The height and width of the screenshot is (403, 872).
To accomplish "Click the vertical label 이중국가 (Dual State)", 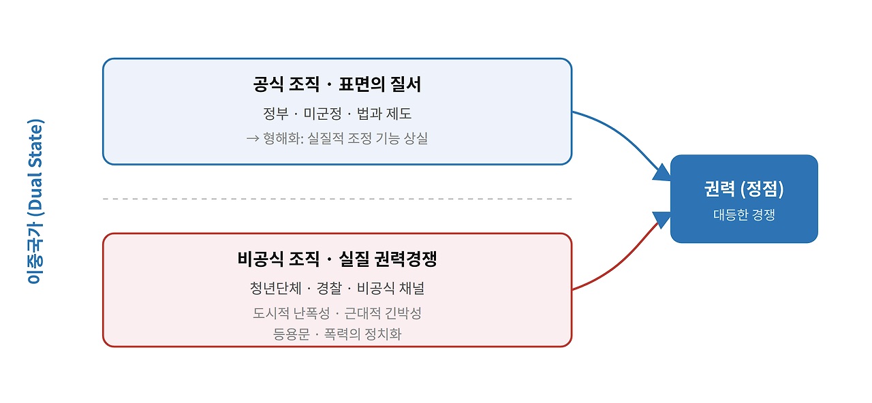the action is pyautogui.click(x=35, y=201).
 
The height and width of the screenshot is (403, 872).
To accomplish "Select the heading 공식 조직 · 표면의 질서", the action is pyautogui.click(x=337, y=84).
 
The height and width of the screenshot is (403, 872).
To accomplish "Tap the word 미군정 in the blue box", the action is pyautogui.click(x=322, y=114).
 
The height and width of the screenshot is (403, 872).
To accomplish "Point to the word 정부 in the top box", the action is pyautogui.click(x=276, y=114).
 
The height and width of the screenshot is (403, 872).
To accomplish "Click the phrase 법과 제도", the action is pyautogui.click(x=384, y=114).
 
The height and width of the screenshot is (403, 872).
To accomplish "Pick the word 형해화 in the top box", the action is pyautogui.click(x=282, y=138).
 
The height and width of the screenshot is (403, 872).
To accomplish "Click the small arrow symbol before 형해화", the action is pyautogui.click(x=253, y=138).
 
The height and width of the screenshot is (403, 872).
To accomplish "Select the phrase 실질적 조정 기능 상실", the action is pyautogui.click(x=368, y=138).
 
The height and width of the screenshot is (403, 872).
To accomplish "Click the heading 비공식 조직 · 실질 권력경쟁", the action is pyautogui.click(x=337, y=259).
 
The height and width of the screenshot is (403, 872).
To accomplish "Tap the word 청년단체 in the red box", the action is pyautogui.click(x=276, y=288).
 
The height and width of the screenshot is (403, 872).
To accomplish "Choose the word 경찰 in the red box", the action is pyautogui.click(x=329, y=288).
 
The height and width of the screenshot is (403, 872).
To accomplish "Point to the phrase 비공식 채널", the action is pyautogui.click(x=390, y=288).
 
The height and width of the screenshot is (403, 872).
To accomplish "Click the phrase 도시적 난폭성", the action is pyautogui.click(x=291, y=313).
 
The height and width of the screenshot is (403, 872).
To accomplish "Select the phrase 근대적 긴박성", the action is pyautogui.click(x=383, y=313).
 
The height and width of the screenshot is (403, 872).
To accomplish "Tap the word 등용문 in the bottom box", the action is pyautogui.click(x=291, y=334).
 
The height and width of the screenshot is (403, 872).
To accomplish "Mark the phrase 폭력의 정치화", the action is pyautogui.click(x=362, y=334).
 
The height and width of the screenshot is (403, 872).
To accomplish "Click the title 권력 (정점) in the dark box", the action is pyautogui.click(x=744, y=189).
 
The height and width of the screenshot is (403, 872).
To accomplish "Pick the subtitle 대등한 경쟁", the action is pyautogui.click(x=744, y=214).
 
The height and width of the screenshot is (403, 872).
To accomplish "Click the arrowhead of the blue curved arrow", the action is pyautogui.click(x=662, y=173).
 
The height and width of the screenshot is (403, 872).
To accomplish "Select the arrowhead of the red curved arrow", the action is pyautogui.click(x=662, y=220).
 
